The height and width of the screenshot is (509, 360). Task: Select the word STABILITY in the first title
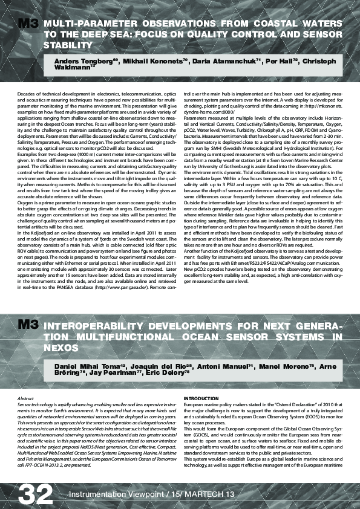click(67, 45)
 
